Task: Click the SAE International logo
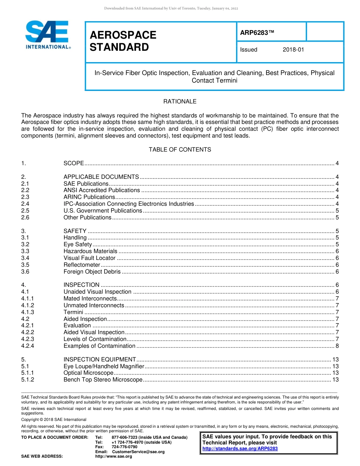point(47,34)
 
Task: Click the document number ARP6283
point(257,33)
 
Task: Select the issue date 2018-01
point(293,50)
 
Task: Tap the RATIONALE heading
point(180,102)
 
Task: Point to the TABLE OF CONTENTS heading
point(180,150)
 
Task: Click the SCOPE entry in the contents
point(74,163)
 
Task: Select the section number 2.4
point(25,204)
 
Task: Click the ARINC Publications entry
point(89,197)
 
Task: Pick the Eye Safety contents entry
point(78,244)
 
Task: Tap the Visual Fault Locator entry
point(89,258)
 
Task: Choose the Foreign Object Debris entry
point(92,272)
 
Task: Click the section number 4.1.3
point(28,312)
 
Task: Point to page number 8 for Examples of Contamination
point(337,346)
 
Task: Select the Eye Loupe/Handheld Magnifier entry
point(104,366)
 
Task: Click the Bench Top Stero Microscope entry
point(103,380)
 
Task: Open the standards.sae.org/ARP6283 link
point(240,449)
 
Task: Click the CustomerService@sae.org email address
point(138,452)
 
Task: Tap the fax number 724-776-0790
point(124,447)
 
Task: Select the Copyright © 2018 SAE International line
point(54,419)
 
